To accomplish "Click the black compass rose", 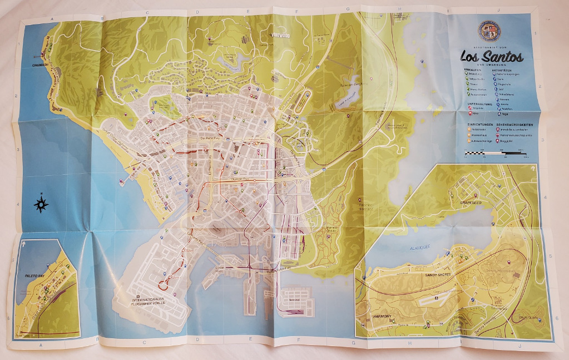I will [41, 204].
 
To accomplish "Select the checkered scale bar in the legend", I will [495, 152].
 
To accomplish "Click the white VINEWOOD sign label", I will [281, 36].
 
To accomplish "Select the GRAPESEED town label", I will [473, 204].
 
